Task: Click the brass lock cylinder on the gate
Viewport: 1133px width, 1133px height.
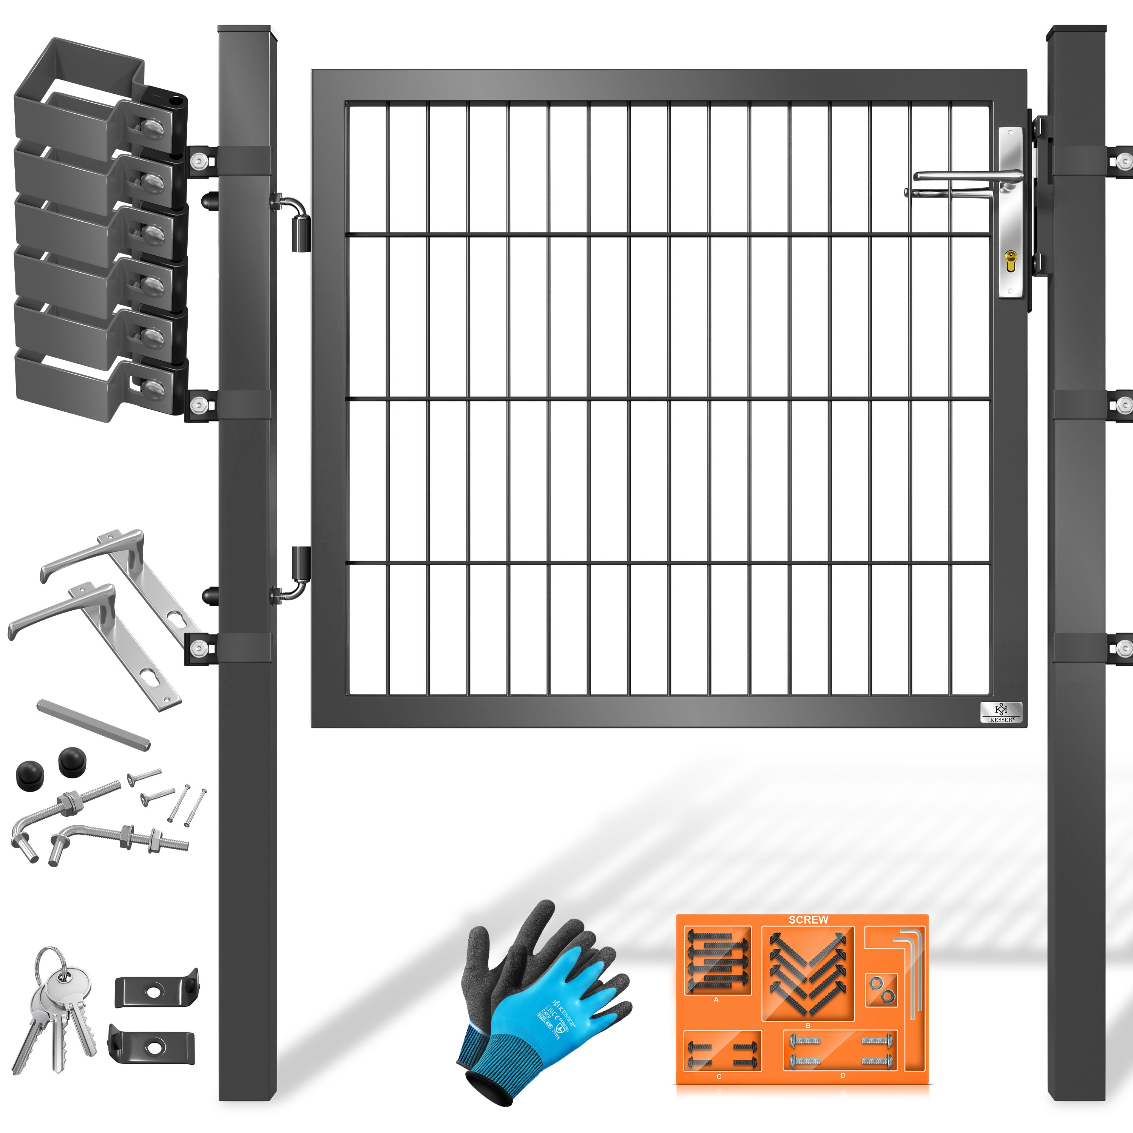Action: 1010,259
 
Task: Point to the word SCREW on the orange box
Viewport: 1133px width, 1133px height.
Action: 808,920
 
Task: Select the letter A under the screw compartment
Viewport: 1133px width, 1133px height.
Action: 716,999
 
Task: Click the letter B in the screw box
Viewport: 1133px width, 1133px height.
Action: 807,1026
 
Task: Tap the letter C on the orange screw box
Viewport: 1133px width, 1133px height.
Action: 719,1077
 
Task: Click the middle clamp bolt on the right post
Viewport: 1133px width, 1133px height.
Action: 1124,404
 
